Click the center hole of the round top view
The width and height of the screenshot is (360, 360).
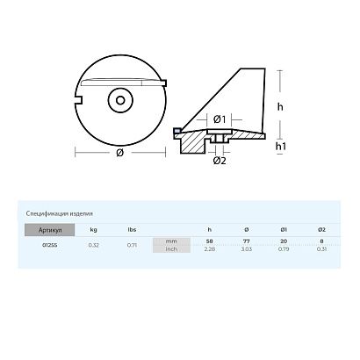click(119, 102)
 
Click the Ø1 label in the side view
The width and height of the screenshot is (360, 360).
click(220, 119)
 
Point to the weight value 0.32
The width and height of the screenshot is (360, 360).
click(93, 245)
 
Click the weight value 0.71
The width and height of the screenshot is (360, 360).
click(132, 245)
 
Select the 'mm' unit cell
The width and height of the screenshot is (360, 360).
click(170, 241)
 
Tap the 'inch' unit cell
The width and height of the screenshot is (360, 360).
click(170, 248)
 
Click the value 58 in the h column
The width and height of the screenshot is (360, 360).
click(208, 241)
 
